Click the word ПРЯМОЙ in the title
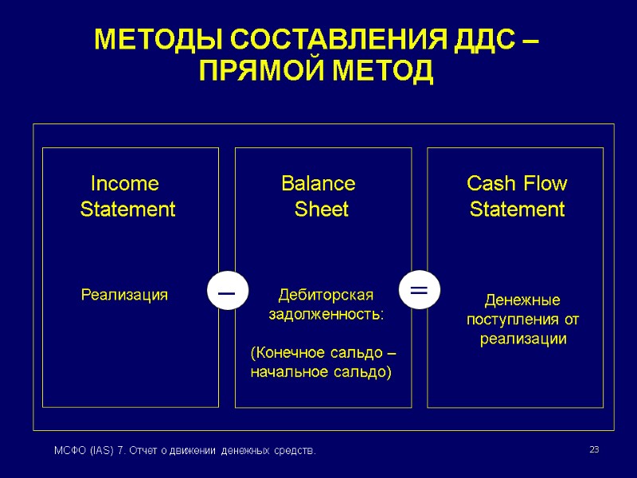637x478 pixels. coord(256,72)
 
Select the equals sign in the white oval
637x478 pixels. coord(419,290)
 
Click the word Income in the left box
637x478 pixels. coord(125,184)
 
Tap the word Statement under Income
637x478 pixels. coord(128,210)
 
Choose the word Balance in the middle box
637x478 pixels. coord(318,184)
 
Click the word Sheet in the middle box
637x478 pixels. coord(322,210)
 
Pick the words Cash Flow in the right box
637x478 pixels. coord(517,184)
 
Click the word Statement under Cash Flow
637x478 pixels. coord(517,210)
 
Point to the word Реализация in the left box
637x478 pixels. coord(125,296)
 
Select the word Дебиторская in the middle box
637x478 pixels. coord(325,296)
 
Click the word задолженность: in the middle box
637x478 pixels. coord(326,315)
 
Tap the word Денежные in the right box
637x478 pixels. coord(523,300)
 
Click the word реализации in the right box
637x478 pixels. coord(523,339)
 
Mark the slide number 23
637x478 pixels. coord(593,451)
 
